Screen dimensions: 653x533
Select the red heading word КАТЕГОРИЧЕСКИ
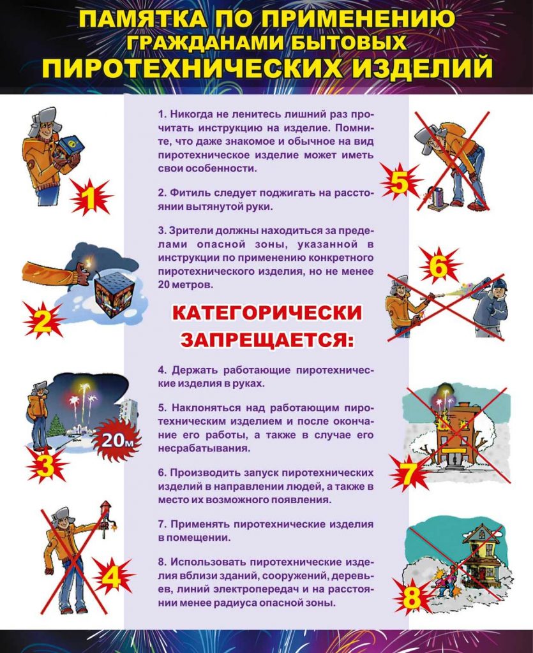tap(267, 314)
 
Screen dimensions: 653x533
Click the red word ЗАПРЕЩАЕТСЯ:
tap(266, 339)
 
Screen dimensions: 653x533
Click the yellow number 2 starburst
tap(42, 321)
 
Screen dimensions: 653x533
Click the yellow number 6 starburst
tap(438, 267)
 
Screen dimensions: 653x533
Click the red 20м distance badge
tap(116, 439)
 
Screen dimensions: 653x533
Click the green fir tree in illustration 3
tap(57, 425)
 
